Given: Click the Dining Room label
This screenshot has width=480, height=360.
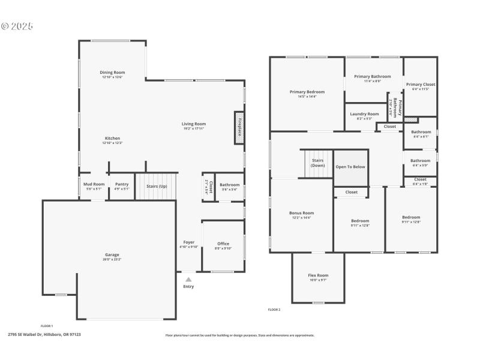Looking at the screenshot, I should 112,73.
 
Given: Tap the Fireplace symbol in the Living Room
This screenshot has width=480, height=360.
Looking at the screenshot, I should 239,128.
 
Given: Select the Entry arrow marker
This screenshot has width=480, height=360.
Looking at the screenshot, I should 188,279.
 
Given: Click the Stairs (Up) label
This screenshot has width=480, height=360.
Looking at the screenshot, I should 157,186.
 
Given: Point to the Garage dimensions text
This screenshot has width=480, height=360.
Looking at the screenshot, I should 112,259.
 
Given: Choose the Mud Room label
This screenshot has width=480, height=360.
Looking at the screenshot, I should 94,184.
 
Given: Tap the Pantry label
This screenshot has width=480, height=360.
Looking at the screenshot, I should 122,184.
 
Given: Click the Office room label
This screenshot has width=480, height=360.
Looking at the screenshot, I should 223,244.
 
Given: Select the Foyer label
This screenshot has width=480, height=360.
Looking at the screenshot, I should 188,242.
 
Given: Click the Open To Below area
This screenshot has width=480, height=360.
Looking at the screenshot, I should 350,167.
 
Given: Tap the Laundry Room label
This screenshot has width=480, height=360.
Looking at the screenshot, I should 364,113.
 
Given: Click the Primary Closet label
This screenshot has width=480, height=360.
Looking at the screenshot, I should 420,85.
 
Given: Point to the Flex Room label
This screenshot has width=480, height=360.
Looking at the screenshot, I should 318,275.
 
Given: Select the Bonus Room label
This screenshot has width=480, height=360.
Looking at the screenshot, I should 301,213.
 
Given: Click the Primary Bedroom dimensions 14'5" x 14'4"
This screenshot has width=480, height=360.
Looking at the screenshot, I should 307,97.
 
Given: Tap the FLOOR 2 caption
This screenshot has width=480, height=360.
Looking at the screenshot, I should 274,310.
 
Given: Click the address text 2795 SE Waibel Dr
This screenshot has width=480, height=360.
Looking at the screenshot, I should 44,335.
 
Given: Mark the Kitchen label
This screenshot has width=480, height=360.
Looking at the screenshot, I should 112,138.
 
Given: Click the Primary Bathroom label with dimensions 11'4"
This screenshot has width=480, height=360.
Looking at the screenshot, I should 372,77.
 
